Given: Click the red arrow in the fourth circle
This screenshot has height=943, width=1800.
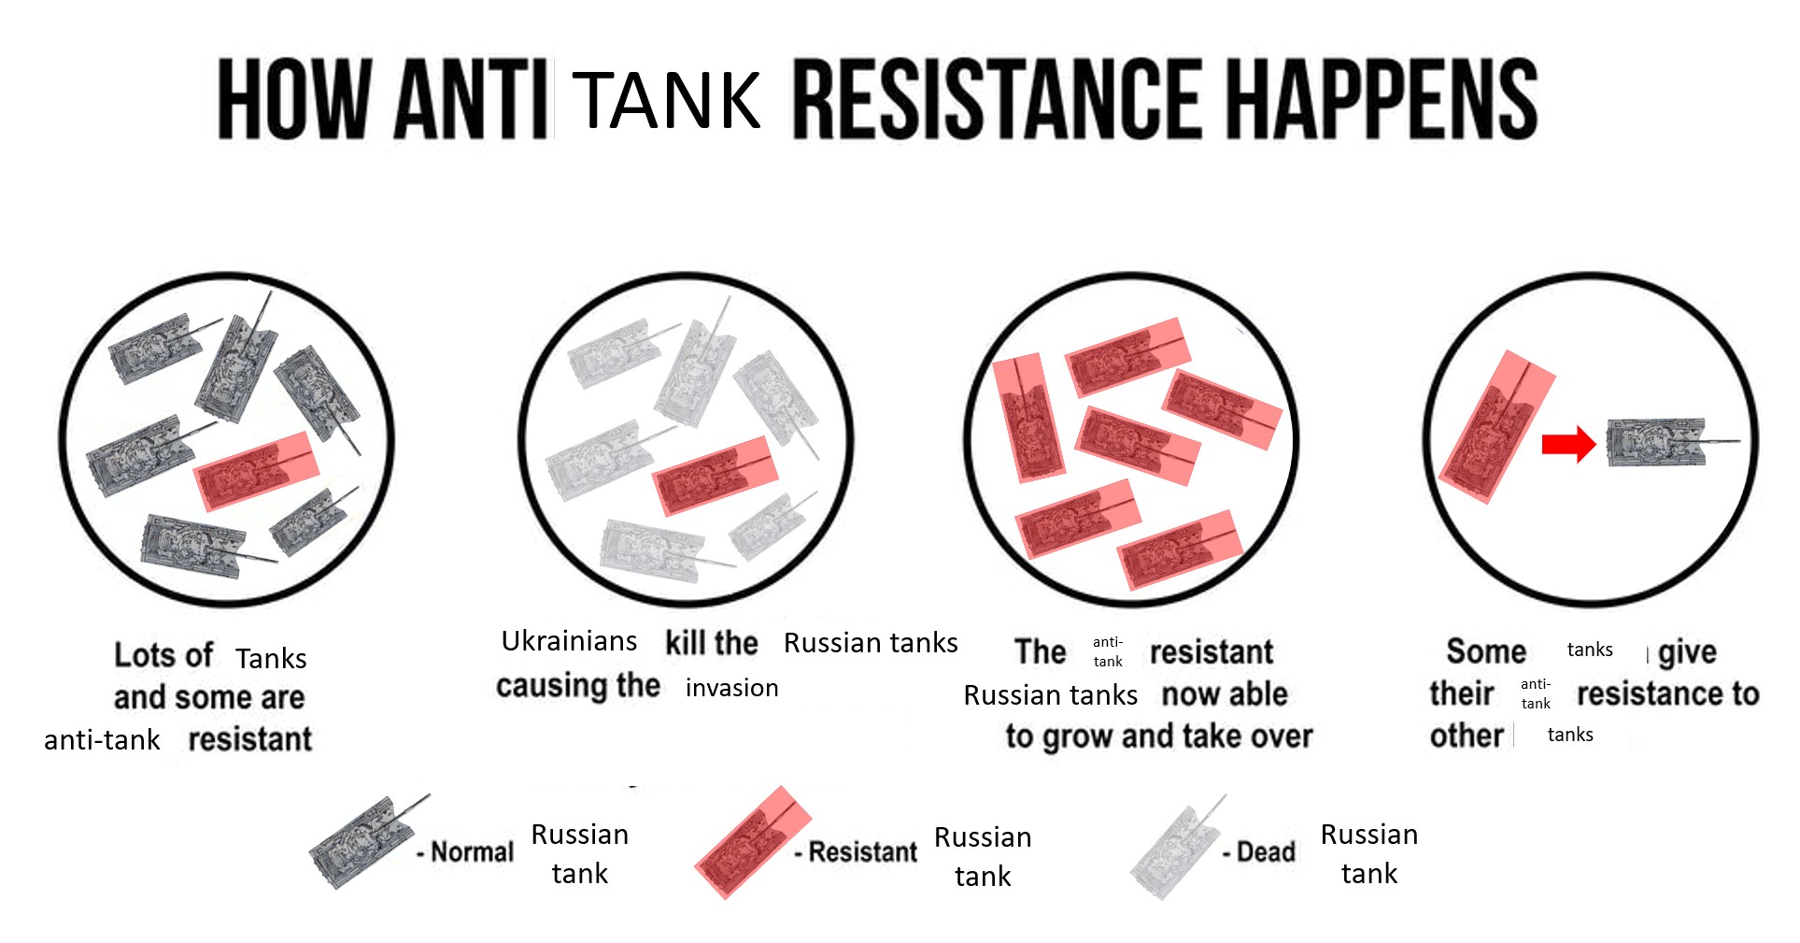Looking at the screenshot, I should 1568,444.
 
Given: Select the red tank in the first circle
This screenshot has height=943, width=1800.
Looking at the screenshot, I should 256,471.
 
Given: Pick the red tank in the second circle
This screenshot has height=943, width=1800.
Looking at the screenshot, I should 715,476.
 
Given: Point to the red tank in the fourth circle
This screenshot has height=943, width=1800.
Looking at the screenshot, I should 1496,426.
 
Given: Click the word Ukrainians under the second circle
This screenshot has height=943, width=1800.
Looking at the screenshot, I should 569,641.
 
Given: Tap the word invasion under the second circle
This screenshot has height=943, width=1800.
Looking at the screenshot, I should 731,689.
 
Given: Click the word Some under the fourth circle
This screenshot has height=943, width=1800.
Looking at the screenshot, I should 1485,651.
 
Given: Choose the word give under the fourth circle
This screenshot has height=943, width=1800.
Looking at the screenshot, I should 1687,652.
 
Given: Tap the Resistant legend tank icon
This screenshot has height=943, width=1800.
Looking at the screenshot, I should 751,842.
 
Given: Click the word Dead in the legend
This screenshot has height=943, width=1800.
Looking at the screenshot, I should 1266,852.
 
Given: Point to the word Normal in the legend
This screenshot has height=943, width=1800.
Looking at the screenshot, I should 472,852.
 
